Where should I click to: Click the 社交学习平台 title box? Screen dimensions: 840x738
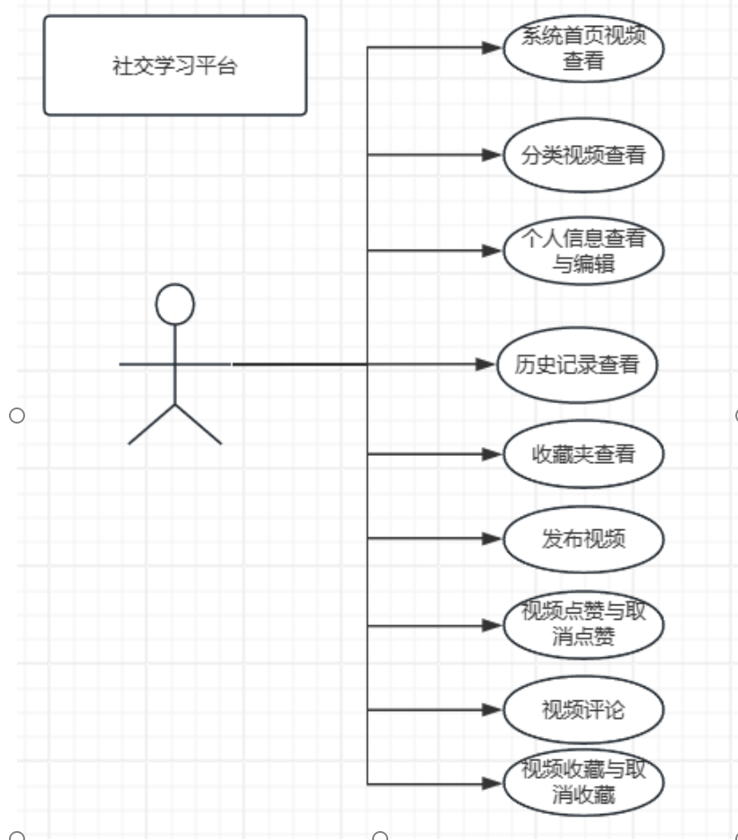coord(175,65)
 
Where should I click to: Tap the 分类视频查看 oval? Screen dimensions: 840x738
coord(582,155)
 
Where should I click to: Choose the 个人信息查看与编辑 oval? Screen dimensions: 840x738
coord(582,252)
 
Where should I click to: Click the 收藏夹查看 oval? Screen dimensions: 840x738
coord(582,454)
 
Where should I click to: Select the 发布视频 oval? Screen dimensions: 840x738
coord(582,539)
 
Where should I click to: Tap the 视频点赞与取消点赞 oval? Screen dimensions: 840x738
coord(582,624)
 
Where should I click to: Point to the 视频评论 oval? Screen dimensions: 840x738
coord(582,710)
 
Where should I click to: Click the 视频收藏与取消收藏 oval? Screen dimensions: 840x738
coord(582,783)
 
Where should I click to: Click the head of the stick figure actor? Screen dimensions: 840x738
coord(174,304)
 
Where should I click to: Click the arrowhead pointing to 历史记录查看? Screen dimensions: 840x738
coord(487,364)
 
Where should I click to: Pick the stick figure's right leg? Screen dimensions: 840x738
coord(198,424)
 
